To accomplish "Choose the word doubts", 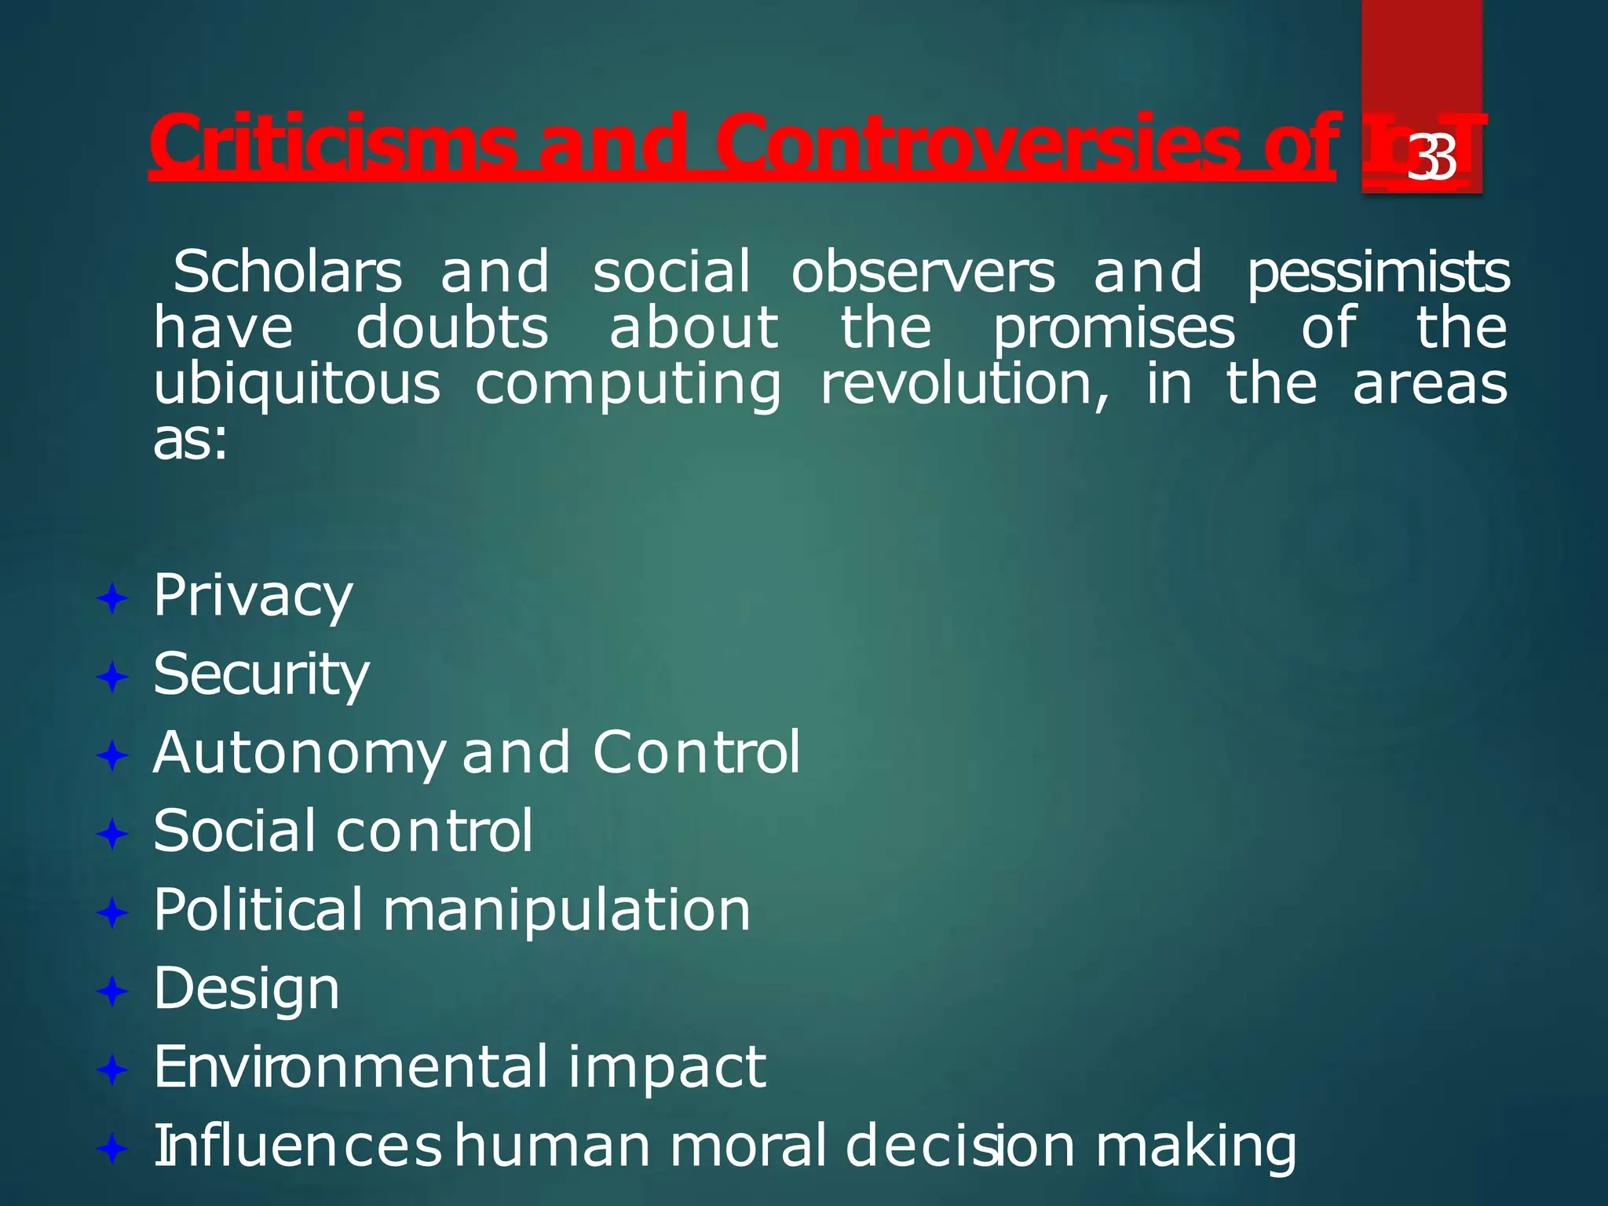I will click(451, 328).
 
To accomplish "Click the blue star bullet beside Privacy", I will click(112, 600).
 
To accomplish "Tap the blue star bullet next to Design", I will click(112, 992).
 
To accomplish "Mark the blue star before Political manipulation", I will click(112, 913).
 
